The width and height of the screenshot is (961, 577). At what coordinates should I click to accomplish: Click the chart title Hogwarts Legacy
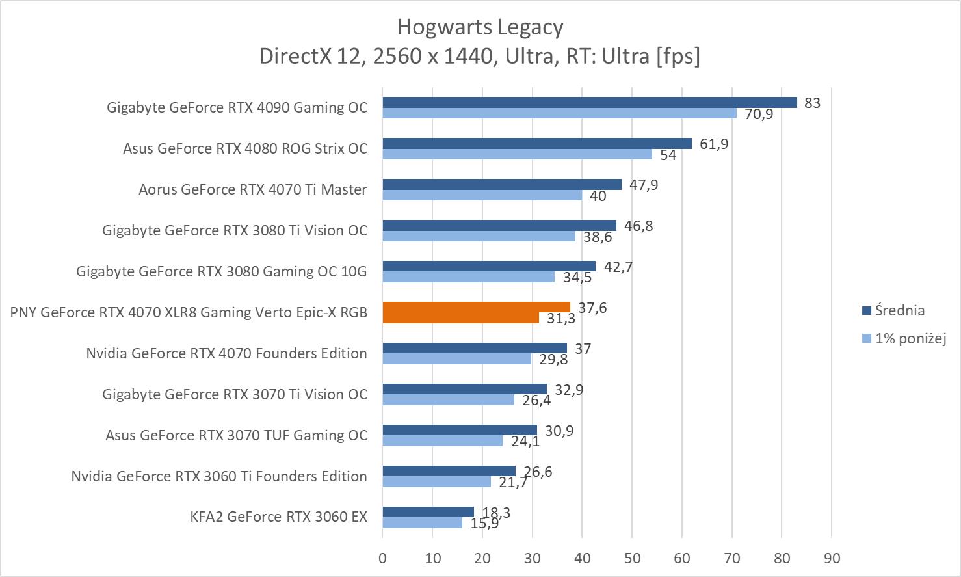click(480, 27)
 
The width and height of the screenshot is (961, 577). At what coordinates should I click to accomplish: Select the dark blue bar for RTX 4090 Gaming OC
click(589, 102)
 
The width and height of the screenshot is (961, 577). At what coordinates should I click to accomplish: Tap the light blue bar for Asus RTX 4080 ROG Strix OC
click(517, 154)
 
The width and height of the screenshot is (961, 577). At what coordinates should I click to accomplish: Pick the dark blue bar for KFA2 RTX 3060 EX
click(428, 512)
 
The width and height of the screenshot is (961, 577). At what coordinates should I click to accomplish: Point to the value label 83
click(812, 103)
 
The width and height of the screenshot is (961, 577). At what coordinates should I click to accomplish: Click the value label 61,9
click(714, 144)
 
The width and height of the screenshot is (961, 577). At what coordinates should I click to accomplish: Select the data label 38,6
click(598, 237)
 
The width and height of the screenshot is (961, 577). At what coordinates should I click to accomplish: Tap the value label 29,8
click(553, 359)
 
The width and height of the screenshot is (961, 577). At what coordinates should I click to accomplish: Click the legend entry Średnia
click(899, 310)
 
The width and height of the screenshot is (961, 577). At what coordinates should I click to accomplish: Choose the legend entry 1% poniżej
click(910, 338)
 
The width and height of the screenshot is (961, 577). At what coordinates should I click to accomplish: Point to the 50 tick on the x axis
click(632, 558)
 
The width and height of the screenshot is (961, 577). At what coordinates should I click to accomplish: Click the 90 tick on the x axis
click(832, 558)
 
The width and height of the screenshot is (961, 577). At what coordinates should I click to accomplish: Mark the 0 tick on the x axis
click(382, 558)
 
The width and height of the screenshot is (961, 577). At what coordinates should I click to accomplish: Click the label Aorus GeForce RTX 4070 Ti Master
click(252, 189)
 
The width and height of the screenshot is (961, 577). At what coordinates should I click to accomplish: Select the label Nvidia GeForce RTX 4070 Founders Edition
click(226, 353)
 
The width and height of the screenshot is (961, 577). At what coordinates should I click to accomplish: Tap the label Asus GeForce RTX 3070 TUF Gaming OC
click(236, 435)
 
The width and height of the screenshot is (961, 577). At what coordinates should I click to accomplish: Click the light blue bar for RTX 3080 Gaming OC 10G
click(468, 277)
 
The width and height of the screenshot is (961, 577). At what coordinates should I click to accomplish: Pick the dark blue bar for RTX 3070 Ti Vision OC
click(464, 389)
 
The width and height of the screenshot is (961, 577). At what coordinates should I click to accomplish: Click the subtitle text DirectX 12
click(309, 57)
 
